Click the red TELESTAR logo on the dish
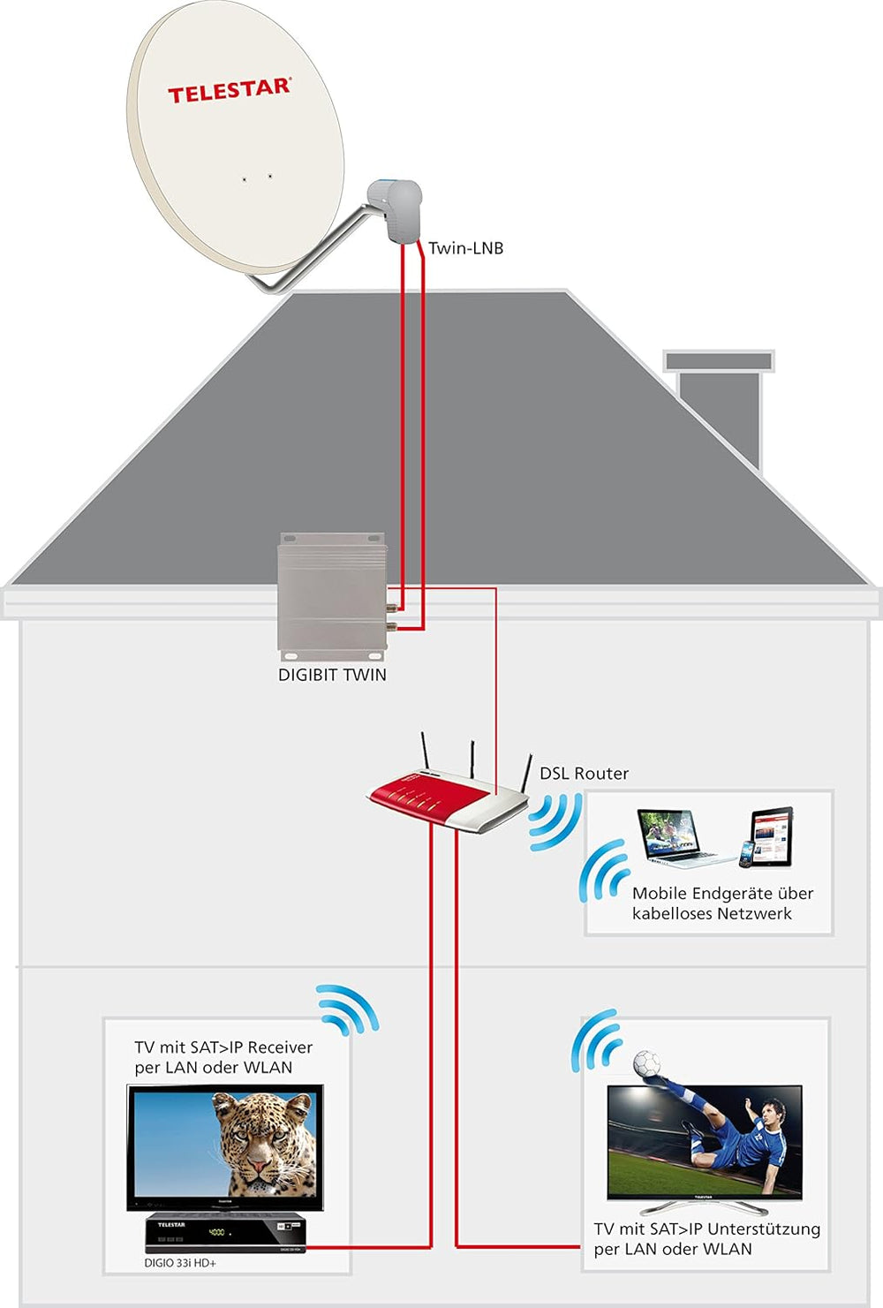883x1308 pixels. (x=229, y=90)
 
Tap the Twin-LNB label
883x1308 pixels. (x=465, y=248)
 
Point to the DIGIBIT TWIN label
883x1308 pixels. (x=332, y=675)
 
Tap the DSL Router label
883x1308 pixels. (x=584, y=774)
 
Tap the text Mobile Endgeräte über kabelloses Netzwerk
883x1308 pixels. (x=721, y=904)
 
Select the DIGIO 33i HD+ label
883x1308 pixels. (x=180, y=1263)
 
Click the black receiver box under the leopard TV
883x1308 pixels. (x=225, y=1232)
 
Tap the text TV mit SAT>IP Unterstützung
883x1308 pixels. (x=706, y=1229)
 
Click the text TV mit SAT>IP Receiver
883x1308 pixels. (x=223, y=1047)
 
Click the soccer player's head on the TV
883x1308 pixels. (x=772, y=1113)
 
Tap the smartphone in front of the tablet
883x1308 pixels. (x=746, y=853)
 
